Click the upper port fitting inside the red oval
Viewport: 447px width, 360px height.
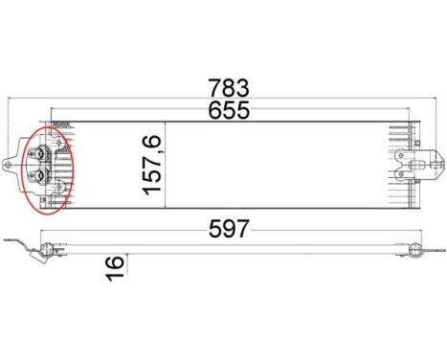[x=41, y=153]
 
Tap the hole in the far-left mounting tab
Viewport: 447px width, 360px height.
[x=11, y=164]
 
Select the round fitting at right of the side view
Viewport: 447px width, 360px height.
[x=414, y=251]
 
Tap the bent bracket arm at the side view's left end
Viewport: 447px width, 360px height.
[x=19, y=243]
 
